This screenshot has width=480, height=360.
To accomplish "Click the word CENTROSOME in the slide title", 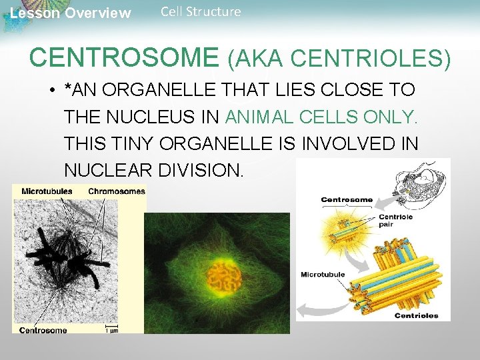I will point(124,57).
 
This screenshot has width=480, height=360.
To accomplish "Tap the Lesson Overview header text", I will point(71,13).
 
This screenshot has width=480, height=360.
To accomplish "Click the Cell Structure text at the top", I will point(201,11).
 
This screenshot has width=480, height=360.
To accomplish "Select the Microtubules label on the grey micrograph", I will point(47,191).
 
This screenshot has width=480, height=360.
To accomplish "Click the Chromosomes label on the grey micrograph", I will point(116,191).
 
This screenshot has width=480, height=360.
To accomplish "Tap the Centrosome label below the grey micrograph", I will point(43,329).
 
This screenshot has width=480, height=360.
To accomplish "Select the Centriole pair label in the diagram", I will point(396,220).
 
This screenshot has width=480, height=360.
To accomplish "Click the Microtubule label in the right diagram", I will point(323,274).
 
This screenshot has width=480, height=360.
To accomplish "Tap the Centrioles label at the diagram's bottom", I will point(416,315).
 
